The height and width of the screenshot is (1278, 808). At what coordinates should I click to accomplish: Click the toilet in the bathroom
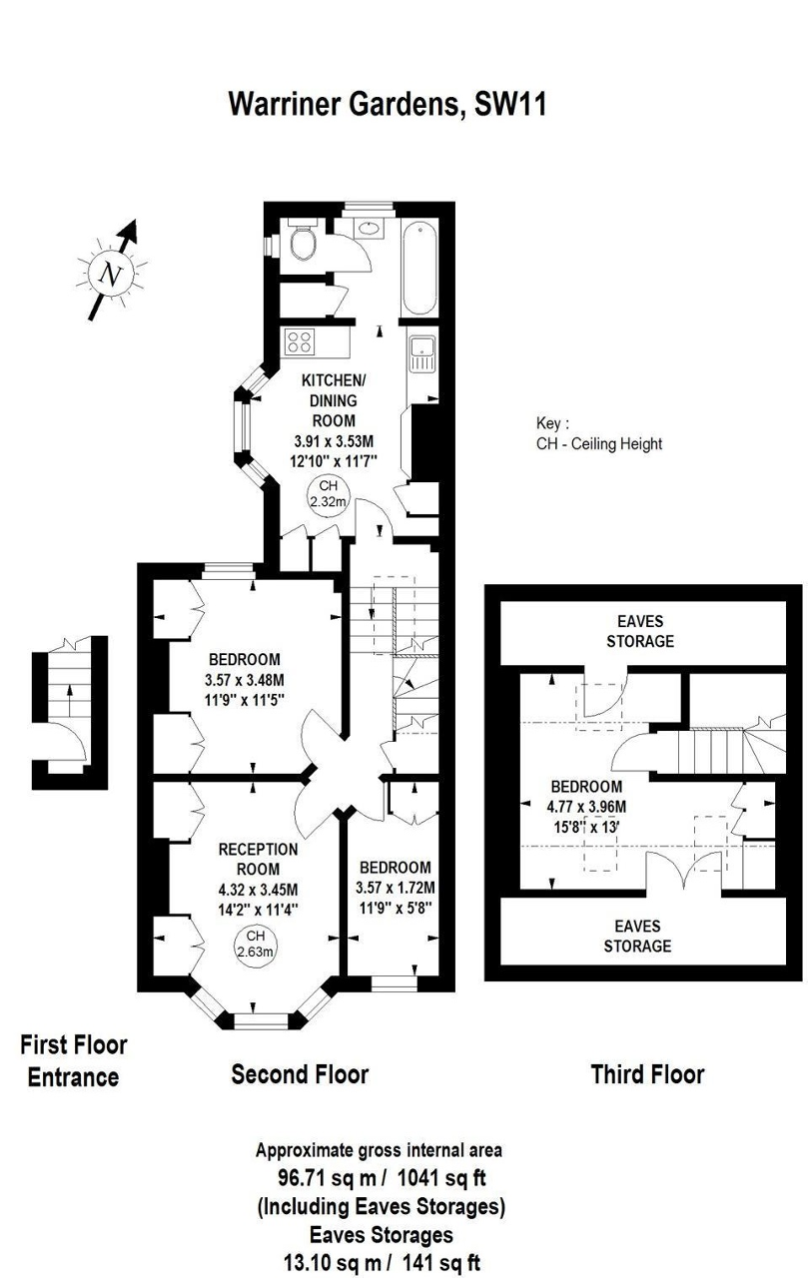pos(303,241)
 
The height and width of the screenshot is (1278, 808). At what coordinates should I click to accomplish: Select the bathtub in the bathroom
pos(419,268)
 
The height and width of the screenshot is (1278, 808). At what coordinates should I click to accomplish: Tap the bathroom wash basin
pos(370,229)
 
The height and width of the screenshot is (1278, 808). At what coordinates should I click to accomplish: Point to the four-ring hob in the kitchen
pos(300,342)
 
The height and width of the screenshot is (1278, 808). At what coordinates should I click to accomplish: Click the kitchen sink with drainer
pos(421,353)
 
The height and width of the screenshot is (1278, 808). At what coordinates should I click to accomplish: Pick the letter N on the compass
pos(110,276)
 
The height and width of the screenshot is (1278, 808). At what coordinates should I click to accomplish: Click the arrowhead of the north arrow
pos(131,230)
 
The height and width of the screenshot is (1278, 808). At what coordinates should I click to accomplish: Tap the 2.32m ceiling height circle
pos(329,494)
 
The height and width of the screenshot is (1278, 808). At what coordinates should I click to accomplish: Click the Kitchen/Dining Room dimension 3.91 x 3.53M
pos(334,441)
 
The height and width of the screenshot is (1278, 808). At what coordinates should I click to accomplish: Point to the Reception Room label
pos(258,860)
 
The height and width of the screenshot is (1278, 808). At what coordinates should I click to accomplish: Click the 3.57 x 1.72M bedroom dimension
pos(396,888)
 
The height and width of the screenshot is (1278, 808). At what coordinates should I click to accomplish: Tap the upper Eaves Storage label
pos(639,631)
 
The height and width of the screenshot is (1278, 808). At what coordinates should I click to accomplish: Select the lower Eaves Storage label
pos(637,936)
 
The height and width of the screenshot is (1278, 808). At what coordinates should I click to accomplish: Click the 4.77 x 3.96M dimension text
pos(586,807)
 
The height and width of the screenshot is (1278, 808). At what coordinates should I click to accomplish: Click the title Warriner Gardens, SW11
pos(389,105)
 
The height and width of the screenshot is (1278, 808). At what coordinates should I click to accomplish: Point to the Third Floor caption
pos(647,1074)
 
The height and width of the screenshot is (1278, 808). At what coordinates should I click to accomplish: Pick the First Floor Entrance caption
pos(74,1061)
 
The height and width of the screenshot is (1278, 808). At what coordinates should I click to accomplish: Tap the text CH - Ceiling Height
pos(599,443)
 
